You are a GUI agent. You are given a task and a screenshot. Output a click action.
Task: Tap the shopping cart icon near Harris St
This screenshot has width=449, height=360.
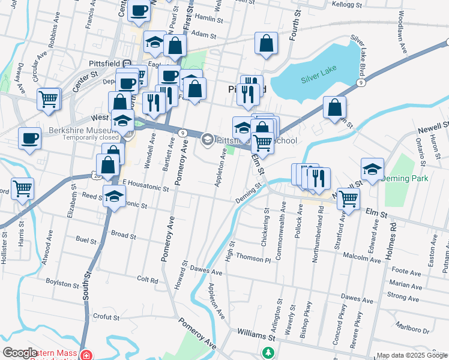(x=23, y=188)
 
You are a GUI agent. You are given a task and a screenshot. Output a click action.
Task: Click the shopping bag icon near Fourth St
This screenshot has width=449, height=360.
(x=266, y=44)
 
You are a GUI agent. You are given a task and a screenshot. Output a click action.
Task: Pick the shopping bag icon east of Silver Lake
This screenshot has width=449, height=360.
(x=335, y=108)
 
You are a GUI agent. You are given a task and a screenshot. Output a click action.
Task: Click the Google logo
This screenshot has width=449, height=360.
(x=20, y=353)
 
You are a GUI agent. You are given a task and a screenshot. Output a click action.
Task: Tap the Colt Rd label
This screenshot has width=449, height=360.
(x=146, y=280)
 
